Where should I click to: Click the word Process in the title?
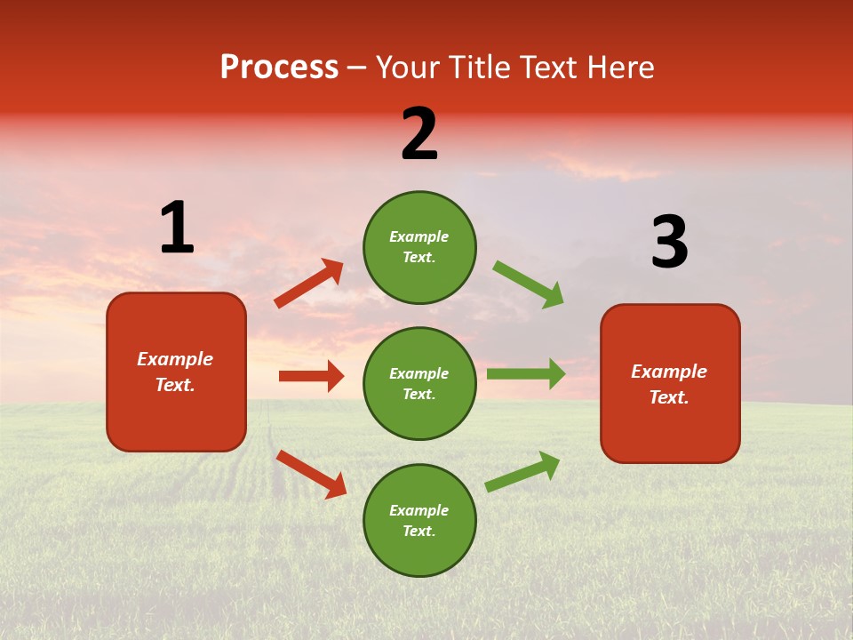(x=279, y=68)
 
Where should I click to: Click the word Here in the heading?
(x=617, y=68)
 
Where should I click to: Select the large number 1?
(x=177, y=228)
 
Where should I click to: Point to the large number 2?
(x=419, y=134)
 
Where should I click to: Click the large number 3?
(x=669, y=243)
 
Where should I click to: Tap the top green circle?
(x=419, y=247)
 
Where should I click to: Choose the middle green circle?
(x=419, y=383)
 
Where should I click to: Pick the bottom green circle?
(x=419, y=520)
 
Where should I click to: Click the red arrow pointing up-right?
(x=309, y=284)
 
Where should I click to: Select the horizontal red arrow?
(x=311, y=376)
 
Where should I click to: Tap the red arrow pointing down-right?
(x=311, y=474)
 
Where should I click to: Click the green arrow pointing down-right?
(x=529, y=284)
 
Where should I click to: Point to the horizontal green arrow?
(x=526, y=373)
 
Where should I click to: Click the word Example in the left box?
(x=175, y=359)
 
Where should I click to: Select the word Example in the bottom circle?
(x=419, y=510)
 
